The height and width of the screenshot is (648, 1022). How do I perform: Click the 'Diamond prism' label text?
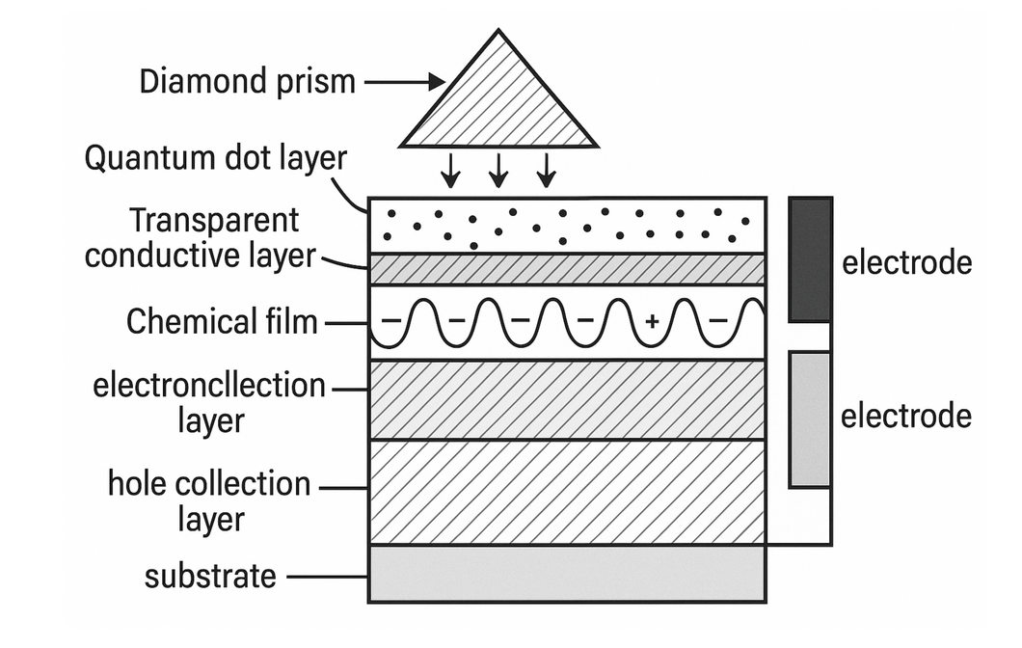click(x=248, y=82)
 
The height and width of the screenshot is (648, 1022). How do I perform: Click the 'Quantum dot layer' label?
click(x=215, y=158)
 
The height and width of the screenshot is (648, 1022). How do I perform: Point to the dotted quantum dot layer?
click(x=567, y=225)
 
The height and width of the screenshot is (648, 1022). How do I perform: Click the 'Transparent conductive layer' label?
click(x=201, y=238)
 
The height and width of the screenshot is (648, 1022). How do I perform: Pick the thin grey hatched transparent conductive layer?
click(x=567, y=269)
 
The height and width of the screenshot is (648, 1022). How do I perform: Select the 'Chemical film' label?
click(x=222, y=322)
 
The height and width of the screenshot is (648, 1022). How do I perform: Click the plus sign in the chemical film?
click(x=652, y=323)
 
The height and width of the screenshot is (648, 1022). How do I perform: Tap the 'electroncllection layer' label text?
click(x=210, y=403)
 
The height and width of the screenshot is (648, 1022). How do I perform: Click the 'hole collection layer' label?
click(x=209, y=501)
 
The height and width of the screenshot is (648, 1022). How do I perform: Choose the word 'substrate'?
click(x=210, y=577)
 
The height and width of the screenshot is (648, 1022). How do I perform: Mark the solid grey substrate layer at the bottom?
click(x=567, y=574)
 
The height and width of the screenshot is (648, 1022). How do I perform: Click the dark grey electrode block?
click(x=810, y=259)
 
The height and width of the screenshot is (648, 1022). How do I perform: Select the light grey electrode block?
click(x=810, y=418)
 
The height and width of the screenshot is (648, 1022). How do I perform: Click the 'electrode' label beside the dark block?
click(x=906, y=261)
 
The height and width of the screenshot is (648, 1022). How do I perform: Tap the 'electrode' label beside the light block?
click(x=905, y=417)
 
